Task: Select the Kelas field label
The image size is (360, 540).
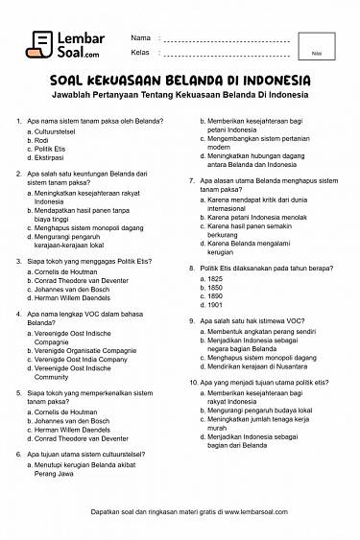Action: (x=140, y=51)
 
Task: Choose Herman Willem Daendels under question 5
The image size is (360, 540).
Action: (x=76, y=429)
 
